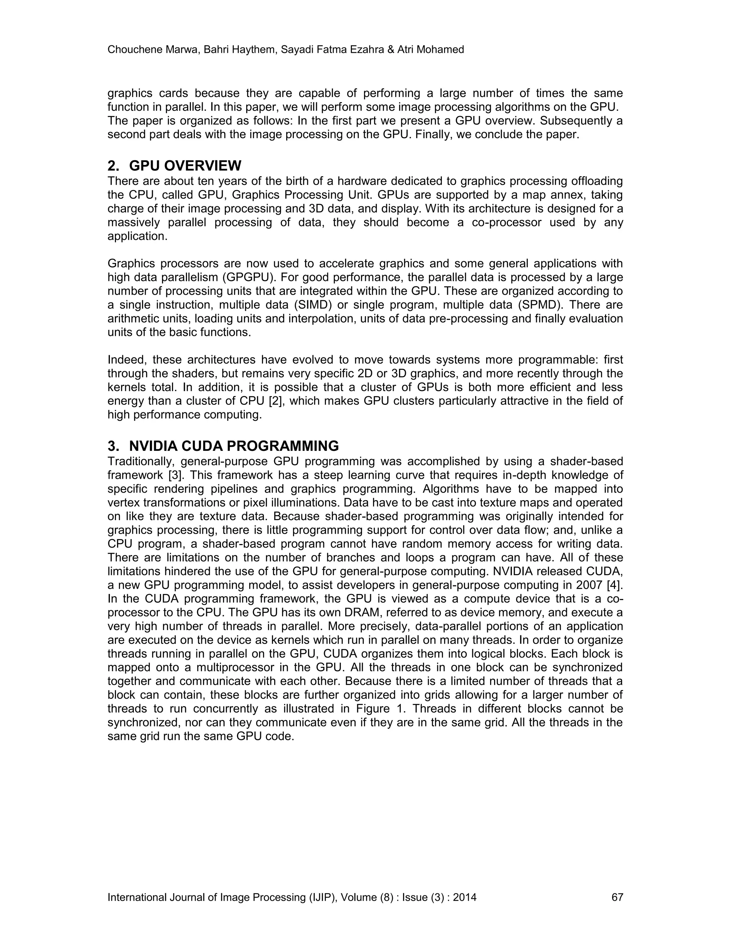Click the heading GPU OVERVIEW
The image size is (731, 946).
point(185,166)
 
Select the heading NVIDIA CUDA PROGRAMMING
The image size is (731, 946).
point(234,446)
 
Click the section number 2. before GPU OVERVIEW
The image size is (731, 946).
point(114,166)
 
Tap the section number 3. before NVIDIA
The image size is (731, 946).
point(114,446)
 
